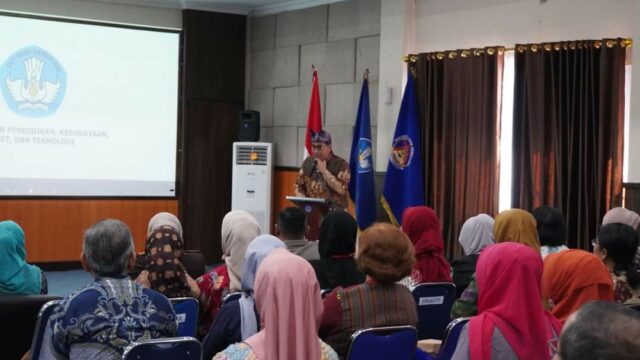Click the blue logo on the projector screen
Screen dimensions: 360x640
coord(32,81)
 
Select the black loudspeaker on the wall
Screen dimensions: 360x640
coord(248,125)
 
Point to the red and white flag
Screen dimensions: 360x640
coord(313,115)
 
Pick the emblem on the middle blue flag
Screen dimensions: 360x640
coord(364,155)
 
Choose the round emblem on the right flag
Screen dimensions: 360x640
coord(401,151)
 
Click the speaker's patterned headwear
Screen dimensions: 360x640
coord(321,137)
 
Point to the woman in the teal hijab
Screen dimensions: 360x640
coord(17,257)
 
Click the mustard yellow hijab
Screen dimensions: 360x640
coord(516,228)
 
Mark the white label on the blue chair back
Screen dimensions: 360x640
coord(430,300)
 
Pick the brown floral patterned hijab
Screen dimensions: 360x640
coord(165,260)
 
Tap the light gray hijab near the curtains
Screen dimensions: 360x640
coord(477,234)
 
